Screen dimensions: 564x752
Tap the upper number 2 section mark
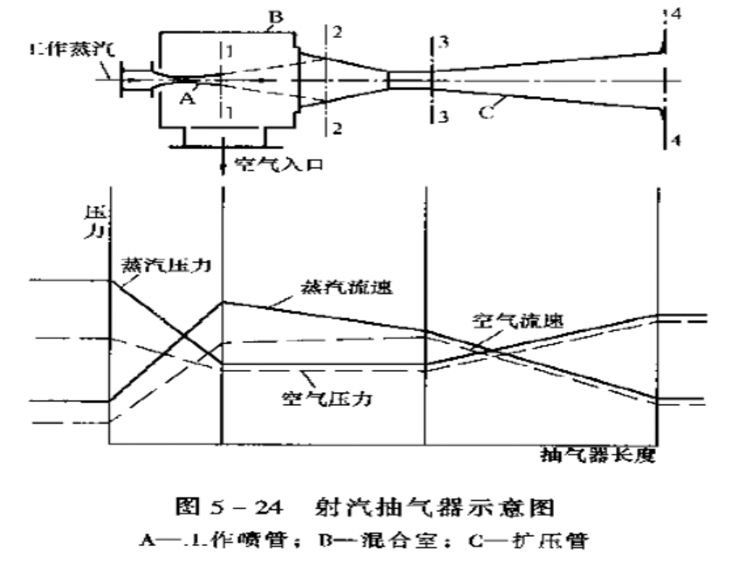tap(336, 31)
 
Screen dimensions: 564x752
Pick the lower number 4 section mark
tap(673, 141)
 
